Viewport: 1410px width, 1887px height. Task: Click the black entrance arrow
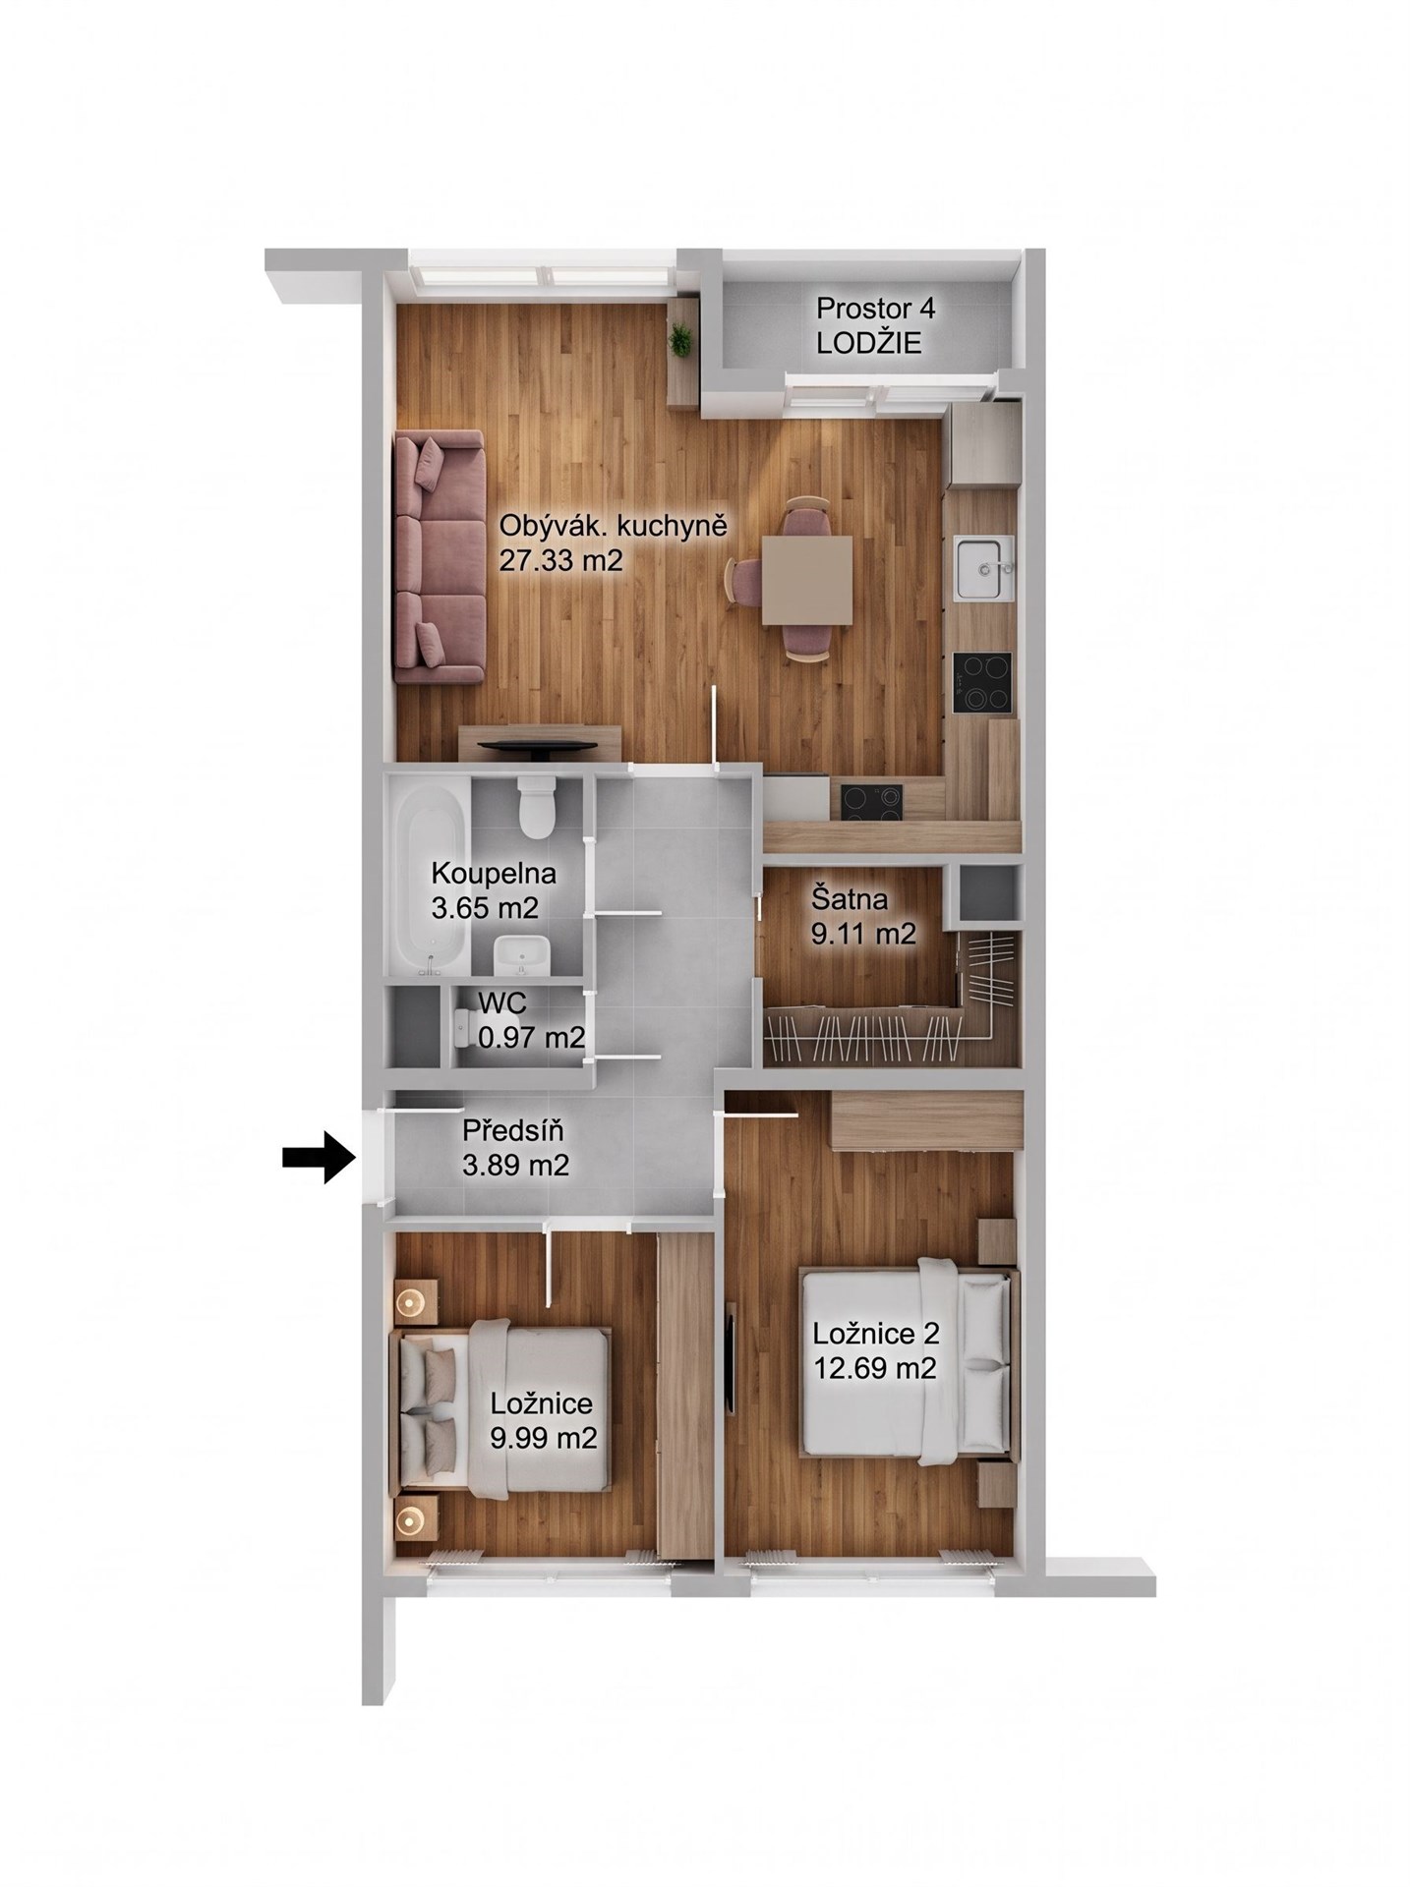point(318,1158)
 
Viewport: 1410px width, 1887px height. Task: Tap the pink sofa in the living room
point(441,556)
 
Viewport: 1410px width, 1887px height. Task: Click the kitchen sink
point(979,569)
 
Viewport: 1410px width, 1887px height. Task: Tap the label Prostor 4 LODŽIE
point(875,325)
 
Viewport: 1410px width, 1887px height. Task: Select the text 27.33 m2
point(561,560)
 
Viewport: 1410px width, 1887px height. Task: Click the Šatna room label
point(850,898)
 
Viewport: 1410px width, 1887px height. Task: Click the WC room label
point(502,1003)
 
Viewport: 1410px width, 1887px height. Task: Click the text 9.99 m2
point(544,1438)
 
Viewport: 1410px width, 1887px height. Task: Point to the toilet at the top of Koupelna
point(537,807)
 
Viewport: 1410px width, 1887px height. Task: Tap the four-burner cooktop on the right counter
point(982,683)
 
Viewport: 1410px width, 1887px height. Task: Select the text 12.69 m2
point(874,1367)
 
